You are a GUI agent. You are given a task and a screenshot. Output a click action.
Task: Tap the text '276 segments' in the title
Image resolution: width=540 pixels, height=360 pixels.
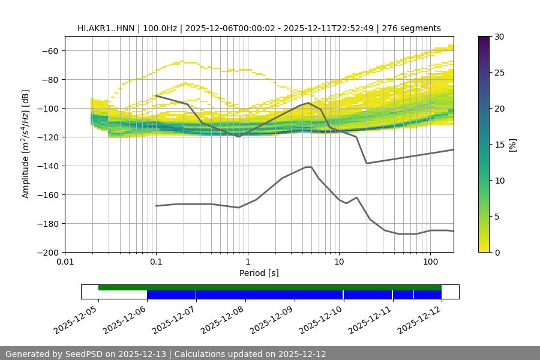[x=413, y=28]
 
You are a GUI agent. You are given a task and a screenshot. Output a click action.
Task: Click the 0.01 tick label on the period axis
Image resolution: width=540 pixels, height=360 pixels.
[x=65, y=262]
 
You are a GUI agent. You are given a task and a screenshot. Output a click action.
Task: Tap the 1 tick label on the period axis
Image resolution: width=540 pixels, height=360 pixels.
[x=247, y=262]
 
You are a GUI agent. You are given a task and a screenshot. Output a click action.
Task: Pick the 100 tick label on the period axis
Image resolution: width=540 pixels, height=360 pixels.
[x=430, y=262]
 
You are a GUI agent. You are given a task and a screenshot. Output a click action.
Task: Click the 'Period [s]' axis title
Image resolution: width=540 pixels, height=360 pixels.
[x=259, y=273]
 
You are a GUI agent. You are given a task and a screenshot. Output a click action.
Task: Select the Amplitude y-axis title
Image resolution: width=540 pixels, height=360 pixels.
[x=26, y=144]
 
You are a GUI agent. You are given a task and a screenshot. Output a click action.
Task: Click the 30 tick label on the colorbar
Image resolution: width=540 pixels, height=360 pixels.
[x=500, y=37]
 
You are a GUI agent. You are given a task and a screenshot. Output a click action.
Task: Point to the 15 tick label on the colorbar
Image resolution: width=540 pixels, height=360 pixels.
[x=500, y=145]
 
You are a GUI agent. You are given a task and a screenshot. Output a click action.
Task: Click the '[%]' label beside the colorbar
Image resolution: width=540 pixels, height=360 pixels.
[x=512, y=145]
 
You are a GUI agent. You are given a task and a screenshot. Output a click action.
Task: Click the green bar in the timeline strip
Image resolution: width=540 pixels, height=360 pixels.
[x=270, y=287]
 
